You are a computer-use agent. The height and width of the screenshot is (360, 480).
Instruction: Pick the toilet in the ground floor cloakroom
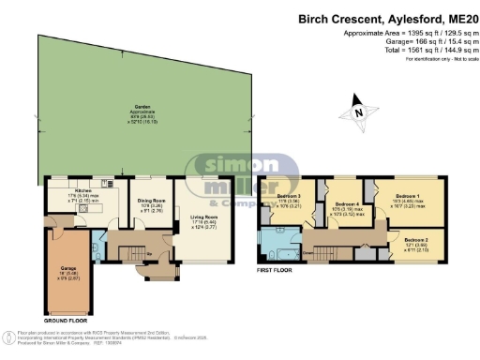[x=97, y=248]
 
